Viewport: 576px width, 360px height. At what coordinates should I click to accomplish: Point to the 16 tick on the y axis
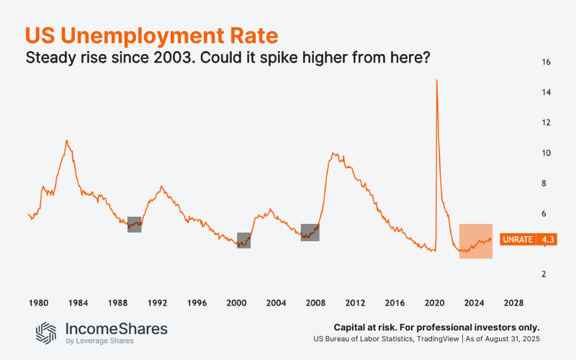click(546, 63)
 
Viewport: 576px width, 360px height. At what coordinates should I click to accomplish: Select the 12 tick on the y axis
click(546, 123)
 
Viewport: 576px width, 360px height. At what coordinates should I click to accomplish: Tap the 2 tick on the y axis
click(546, 274)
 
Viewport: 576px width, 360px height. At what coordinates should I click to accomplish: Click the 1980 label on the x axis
click(38, 302)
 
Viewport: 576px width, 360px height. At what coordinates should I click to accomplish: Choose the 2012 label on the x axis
click(355, 302)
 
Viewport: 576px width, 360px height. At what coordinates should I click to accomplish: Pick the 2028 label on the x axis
click(513, 302)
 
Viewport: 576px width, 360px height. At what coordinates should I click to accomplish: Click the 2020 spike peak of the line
click(436, 80)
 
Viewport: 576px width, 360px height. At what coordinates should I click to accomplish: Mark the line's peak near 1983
click(67, 140)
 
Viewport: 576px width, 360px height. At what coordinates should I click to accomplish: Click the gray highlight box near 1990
click(135, 224)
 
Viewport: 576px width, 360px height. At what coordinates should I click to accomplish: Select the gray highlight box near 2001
click(244, 240)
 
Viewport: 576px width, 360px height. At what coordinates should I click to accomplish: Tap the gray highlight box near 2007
click(310, 232)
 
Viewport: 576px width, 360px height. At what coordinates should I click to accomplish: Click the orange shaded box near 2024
click(476, 241)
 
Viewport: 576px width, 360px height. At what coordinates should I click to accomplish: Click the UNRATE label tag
click(517, 239)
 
